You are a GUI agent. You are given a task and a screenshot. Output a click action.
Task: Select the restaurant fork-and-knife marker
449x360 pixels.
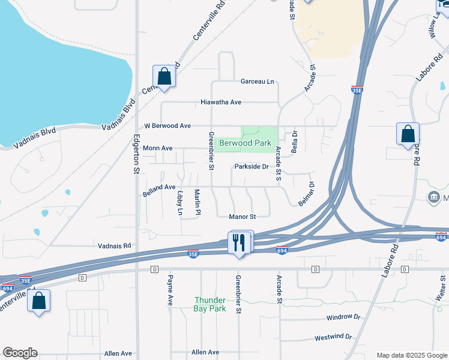[x=240, y=243]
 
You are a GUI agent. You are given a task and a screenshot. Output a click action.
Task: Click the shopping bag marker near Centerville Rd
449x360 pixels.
[x=164, y=77]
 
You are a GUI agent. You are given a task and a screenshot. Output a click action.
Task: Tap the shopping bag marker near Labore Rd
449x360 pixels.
[x=408, y=134]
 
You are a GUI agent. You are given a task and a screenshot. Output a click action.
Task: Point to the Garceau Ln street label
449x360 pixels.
[x=257, y=81]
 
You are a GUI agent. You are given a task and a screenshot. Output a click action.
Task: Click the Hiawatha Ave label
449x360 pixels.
[x=221, y=103]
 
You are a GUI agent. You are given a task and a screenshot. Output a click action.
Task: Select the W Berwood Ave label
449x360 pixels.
[x=167, y=126]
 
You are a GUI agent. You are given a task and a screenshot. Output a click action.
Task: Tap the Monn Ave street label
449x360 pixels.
[x=158, y=148]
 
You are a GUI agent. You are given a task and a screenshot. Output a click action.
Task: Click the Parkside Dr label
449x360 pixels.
[x=251, y=166]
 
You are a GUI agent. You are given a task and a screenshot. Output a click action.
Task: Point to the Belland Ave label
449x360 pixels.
[x=159, y=190]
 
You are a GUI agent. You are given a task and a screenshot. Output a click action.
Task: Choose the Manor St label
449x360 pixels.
[x=243, y=217]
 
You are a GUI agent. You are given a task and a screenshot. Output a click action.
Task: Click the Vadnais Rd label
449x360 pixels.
[x=114, y=246]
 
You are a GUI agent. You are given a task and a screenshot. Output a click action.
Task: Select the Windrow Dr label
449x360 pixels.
[x=343, y=317]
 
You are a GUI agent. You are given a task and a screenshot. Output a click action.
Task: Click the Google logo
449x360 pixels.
[x=20, y=353]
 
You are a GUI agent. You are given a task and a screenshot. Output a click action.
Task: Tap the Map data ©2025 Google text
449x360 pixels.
[x=411, y=355]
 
